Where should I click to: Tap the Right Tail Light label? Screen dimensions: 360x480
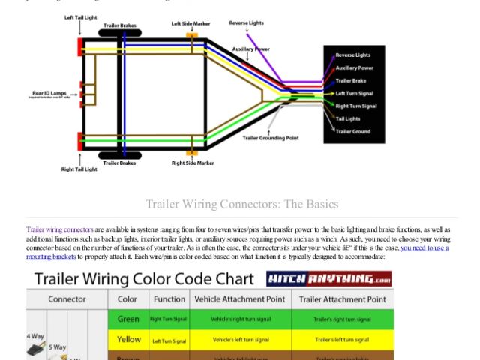tap(79, 169)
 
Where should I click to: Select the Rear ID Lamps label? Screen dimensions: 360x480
tap(47, 93)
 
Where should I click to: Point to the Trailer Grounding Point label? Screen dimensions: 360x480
tap(271, 138)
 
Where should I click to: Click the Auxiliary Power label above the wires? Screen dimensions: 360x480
tap(250, 49)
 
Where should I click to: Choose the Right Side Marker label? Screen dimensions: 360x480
tap(193, 163)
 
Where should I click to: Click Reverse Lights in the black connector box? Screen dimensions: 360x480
tap(352, 55)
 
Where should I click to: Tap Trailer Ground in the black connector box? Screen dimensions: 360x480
tap(352, 131)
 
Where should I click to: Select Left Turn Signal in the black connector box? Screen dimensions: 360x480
tap(355, 93)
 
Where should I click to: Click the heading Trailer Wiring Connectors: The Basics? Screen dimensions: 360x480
tap(241, 204)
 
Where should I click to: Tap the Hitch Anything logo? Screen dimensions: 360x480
tap(329, 280)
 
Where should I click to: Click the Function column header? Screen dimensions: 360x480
tap(169, 298)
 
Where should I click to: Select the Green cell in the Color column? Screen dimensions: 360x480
tap(128, 319)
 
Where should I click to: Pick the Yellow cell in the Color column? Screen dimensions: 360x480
tap(128, 340)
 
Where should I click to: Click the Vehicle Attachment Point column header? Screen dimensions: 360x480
tap(238, 298)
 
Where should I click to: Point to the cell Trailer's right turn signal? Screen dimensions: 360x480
tap(342, 319)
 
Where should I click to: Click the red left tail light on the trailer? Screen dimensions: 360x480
tap(79, 46)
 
